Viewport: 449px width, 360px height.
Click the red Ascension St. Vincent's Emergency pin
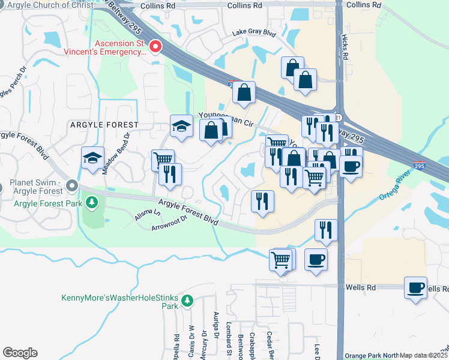point(155,46)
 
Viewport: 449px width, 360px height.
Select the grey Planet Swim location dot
point(72,185)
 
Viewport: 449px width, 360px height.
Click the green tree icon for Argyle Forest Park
point(92,203)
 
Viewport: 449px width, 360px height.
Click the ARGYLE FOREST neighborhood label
point(104,125)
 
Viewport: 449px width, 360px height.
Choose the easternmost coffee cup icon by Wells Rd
point(415,287)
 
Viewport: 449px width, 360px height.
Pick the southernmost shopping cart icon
point(281,260)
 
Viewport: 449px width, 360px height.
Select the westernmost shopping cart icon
point(163,160)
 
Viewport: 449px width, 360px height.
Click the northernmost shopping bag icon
point(292,67)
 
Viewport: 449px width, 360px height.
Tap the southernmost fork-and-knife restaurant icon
point(325,230)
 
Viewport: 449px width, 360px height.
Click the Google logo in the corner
point(20,353)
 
